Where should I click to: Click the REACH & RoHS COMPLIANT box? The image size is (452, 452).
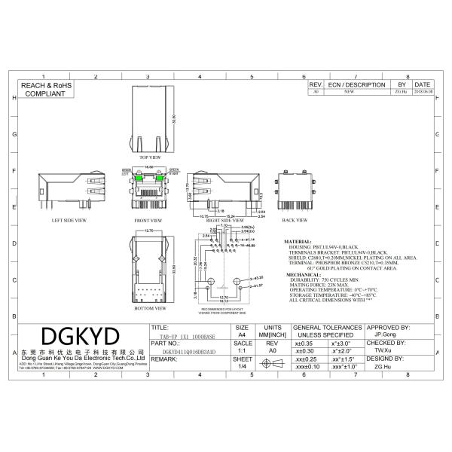pos(44,91)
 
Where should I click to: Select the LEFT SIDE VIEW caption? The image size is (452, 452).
pos(69,221)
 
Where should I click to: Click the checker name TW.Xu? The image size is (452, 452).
pos(383,351)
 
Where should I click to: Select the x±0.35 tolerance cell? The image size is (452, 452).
pos(305,344)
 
